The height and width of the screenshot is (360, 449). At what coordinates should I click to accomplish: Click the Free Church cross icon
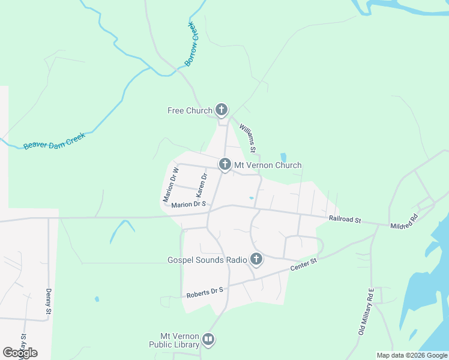point(221,110)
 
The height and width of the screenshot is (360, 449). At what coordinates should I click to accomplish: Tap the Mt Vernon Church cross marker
point(225,164)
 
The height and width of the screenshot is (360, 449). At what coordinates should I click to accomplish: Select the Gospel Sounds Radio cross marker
point(256,259)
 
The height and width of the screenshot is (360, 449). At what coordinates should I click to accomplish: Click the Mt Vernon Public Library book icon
point(208,340)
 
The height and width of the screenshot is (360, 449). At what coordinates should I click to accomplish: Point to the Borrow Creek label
point(191,44)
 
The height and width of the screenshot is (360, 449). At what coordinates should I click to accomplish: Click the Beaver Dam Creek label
point(55,141)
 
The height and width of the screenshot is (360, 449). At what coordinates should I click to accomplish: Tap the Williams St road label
point(248,137)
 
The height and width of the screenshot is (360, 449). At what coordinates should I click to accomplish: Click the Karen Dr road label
point(201,187)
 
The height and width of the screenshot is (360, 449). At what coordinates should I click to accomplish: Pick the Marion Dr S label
point(188,205)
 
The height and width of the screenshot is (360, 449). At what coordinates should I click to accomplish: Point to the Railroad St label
point(345,220)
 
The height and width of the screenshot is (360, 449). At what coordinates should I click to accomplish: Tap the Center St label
point(303,265)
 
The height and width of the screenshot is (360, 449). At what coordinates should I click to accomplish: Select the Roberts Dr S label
point(205,292)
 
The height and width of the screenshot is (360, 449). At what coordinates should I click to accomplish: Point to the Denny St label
point(49,302)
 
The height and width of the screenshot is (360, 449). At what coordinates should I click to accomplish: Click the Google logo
point(20,353)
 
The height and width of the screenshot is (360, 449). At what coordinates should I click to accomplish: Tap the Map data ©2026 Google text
point(412,355)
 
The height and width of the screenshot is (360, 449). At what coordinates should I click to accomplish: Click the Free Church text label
point(190,110)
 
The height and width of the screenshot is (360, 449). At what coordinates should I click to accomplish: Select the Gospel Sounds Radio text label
point(207,260)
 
